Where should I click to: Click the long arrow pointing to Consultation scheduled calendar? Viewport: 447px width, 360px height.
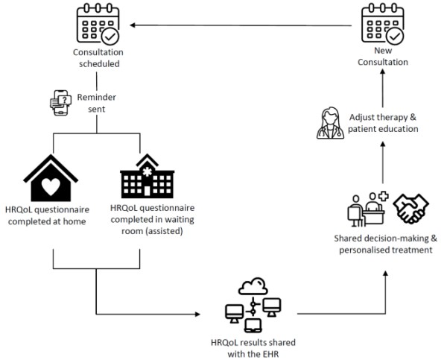coord(238,27)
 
